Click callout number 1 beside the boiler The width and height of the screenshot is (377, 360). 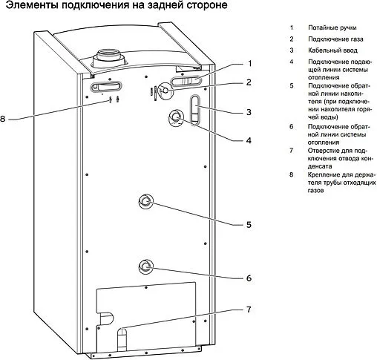(250, 63)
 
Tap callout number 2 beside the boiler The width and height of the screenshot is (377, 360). (250, 82)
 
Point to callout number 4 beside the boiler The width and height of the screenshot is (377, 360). (250, 140)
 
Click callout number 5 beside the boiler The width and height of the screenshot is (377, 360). (250, 224)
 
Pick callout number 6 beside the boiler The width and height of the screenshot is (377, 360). (250, 278)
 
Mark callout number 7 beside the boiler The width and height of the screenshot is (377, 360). (250, 309)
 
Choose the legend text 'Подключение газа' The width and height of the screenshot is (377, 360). (335, 39)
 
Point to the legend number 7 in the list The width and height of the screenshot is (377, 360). (292, 150)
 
